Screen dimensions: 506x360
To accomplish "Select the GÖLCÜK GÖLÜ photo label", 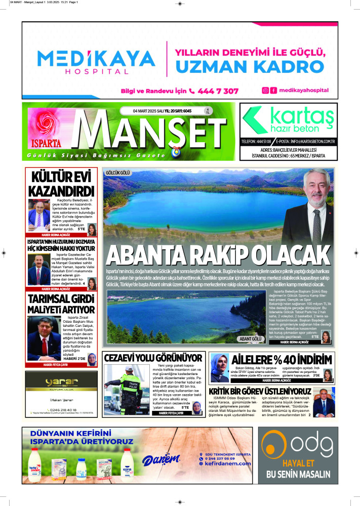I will point(117,173).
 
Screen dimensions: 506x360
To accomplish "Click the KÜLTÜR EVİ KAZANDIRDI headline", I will point(61,184).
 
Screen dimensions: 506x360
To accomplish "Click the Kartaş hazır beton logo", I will point(288,120).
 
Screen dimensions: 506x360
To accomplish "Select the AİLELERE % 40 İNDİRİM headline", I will point(282,360).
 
